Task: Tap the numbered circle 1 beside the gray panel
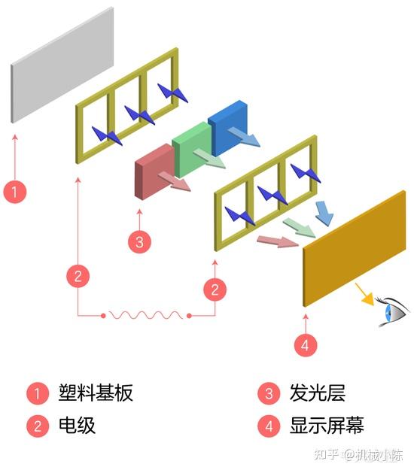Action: coord(15,191)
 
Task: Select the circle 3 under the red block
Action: coord(139,242)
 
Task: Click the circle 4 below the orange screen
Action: coord(304,345)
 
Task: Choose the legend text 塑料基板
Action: coord(96,393)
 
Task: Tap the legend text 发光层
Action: coord(317,393)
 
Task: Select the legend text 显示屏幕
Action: coord(327,426)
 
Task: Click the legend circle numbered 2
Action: coord(37,426)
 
